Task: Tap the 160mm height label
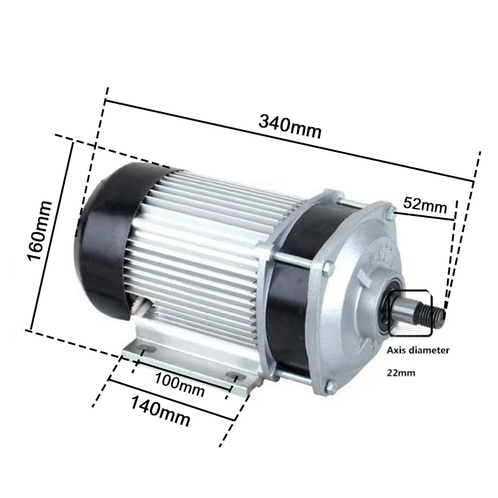pyautogui.click(x=42, y=230)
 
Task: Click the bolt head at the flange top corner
pyautogui.click(x=390, y=215)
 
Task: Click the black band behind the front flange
pyautogui.click(x=293, y=311)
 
